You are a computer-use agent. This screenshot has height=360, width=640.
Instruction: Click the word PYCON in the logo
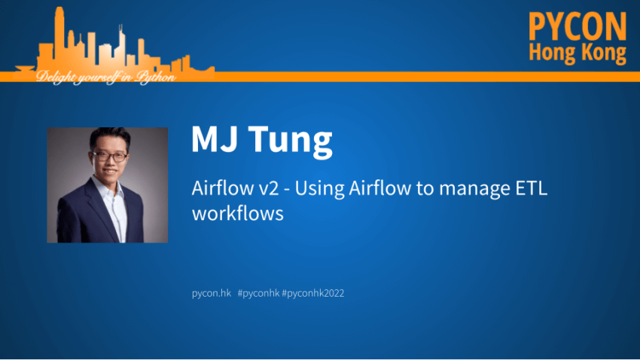point(578,26)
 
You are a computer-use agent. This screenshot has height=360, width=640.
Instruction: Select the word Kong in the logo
point(604,53)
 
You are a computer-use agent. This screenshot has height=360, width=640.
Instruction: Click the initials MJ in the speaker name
point(215,139)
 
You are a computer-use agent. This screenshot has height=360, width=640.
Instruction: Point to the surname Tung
point(290,141)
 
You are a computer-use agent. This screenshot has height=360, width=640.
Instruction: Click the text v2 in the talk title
point(269,188)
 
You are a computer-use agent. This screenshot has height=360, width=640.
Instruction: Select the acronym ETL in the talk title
point(532,188)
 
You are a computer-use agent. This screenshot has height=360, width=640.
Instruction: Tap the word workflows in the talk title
point(238,213)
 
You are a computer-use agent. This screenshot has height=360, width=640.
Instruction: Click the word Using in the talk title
point(319,189)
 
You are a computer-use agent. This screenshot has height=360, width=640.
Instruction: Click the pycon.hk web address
point(212,293)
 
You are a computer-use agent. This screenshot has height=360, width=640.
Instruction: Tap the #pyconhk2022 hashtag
point(313,293)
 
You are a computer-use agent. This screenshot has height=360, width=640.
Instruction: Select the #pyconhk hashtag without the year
point(259,293)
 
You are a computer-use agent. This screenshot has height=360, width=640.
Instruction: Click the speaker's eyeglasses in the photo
point(109,157)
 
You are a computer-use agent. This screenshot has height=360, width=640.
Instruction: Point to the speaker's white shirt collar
point(108,188)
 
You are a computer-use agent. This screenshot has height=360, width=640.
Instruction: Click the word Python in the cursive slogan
point(156,77)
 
